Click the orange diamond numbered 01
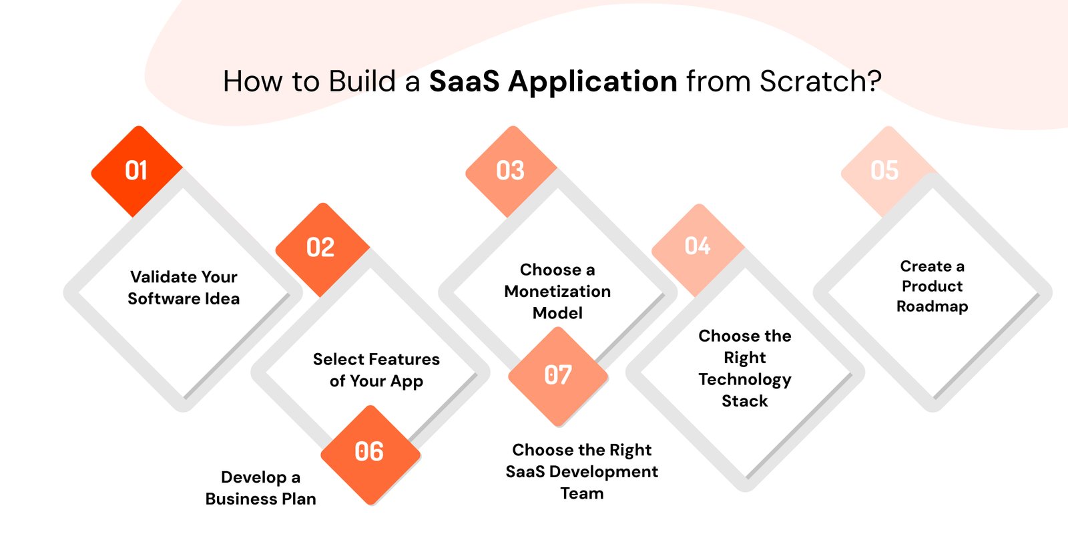tap(137, 171)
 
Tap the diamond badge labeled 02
tap(321, 248)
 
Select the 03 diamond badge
tap(511, 171)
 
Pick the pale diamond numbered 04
tap(698, 247)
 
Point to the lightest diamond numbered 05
tap(884, 171)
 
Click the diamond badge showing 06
tap(369, 453)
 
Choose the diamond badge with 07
tap(558, 375)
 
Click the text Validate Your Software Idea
tap(184, 288)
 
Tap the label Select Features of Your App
tap(376, 370)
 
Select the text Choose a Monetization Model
tap(557, 291)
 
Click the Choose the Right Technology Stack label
tap(745, 368)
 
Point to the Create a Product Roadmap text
tap(932, 286)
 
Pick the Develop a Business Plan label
tap(260, 488)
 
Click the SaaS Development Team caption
tap(581, 471)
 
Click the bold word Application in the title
tap(593, 82)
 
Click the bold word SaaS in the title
tap(464, 82)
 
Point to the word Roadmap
tap(932, 306)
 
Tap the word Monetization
tap(557, 292)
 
